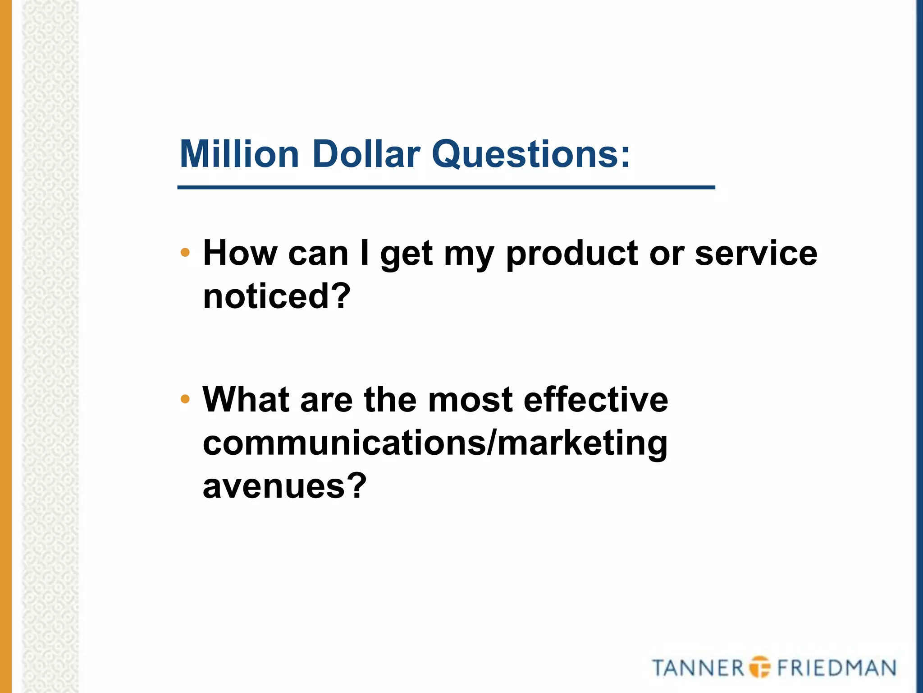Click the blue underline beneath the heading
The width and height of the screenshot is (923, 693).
(446, 187)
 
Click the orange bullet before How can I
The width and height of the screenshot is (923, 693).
(185, 253)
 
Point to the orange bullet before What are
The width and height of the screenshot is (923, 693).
(185, 399)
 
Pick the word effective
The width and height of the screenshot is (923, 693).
(595, 399)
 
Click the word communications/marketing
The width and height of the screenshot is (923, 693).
(435, 443)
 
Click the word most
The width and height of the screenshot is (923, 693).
(470, 400)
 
